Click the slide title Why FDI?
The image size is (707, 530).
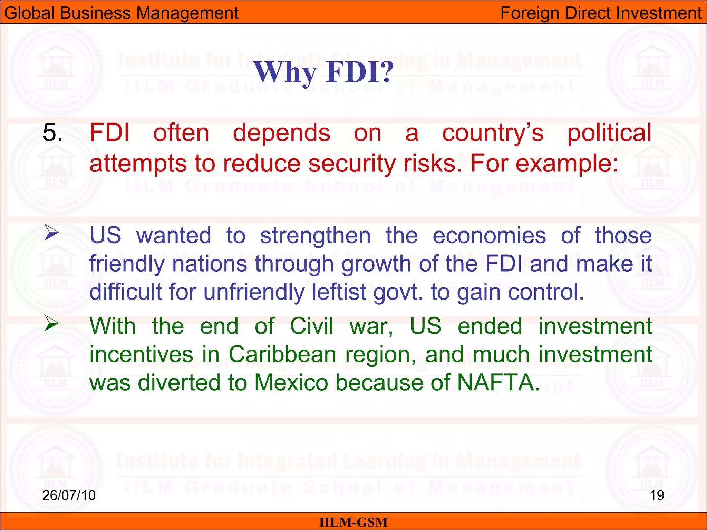pyautogui.click(x=324, y=72)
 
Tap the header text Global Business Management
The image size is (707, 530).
pyautogui.click(x=121, y=13)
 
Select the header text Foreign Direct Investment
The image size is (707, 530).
pyautogui.click(x=601, y=13)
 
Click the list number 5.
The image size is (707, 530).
pyautogui.click(x=52, y=133)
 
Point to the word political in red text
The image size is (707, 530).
pyautogui.click(x=609, y=133)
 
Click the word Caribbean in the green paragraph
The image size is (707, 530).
pyautogui.click(x=282, y=354)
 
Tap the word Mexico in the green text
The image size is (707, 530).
pyautogui.click(x=291, y=383)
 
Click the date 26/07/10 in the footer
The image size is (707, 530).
pyautogui.click(x=69, y=495)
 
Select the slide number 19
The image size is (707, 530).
pyautogui.click(x=657, y=495)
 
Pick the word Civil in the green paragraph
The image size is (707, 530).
pyautogui.click(x=311, y=326)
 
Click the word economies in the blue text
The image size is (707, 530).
pyautogui.click(x=489, y=236)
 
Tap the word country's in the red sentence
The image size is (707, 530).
pyautogui.click(x=493, y=133)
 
